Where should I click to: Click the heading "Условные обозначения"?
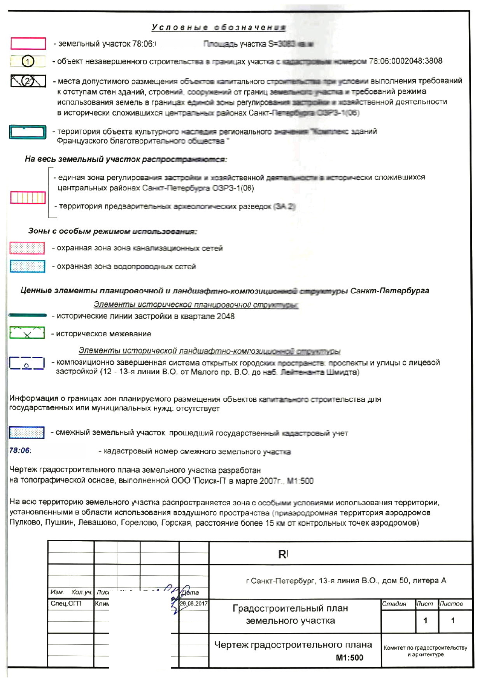[x=219, y=28]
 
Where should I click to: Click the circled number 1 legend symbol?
[x=28, y=61]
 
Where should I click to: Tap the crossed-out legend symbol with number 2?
[x=28, y=81]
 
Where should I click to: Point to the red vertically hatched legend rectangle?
[x=28, y=198]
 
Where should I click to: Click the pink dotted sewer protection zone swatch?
[x=27, y=248]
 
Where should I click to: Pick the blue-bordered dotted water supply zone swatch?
[x=27, y=266]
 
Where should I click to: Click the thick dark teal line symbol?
[x=27, y=315]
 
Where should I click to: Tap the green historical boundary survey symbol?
[x=27, y=333]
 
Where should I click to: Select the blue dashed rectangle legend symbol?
[x=26, y=363]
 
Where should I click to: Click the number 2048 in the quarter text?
[x=226, y=316]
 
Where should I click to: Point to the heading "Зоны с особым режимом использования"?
[x=112, y=231]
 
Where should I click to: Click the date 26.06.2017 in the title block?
[x=194, y=603]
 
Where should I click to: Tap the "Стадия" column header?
[x=394, y=604]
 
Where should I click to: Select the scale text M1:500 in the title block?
[x=349, y=658]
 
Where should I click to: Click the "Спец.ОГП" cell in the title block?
[x=66, y=603]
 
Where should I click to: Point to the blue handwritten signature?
[x=177, y=595]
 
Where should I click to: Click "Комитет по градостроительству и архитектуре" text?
[x=425, y=651]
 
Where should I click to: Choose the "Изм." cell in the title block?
[x=57, y=592]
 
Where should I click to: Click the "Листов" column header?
[x=451, y=604]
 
